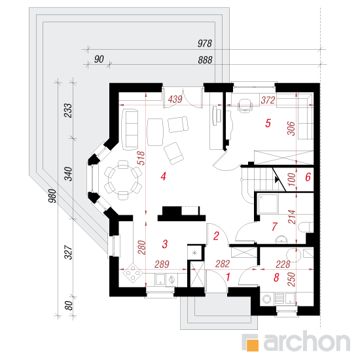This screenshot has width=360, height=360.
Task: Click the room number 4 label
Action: [163, 177]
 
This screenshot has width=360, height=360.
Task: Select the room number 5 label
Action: [268, 123]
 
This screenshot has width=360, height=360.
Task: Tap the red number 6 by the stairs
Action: [308, 177]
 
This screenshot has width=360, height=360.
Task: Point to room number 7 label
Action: [275, 226]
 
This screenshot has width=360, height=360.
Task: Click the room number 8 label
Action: [276, 278]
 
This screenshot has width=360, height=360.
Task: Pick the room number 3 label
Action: [164, 244]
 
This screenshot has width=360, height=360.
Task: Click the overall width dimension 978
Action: [205, 43]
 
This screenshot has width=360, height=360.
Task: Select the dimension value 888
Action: [205, 60]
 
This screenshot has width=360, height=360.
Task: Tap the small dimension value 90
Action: [99, 59]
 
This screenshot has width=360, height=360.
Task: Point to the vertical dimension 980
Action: [52, 196]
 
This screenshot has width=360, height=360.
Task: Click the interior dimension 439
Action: [175, 99]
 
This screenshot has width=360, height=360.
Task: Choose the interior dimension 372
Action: [268, 100]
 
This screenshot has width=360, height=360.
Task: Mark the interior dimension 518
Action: [141, 158]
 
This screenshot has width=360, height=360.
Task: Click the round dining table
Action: [123, 180]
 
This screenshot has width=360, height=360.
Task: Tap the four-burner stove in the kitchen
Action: [133, 272]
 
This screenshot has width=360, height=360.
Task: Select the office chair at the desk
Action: [245, 105]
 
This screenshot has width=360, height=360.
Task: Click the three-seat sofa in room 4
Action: [130, 130]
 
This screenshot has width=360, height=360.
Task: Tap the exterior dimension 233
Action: [69, 111]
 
